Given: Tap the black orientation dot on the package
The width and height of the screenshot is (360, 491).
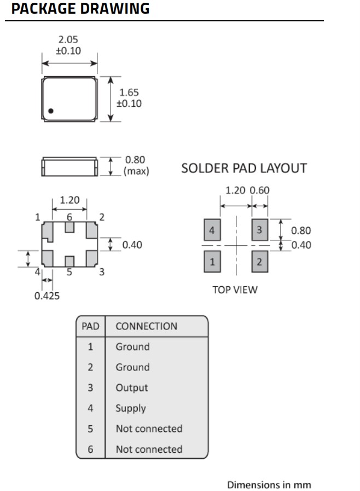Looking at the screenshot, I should pos(51,111).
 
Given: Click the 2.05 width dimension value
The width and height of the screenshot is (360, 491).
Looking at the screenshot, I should pos(68,39).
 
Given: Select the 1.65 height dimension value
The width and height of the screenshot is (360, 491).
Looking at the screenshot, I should pos(129,93).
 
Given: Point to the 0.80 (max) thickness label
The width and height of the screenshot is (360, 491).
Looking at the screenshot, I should pos(136,165).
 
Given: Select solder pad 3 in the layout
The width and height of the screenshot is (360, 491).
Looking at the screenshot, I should pos(259,230).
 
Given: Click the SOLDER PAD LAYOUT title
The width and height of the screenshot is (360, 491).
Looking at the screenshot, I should pos(244,169).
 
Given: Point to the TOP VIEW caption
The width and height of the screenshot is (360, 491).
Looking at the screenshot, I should pos(235,290).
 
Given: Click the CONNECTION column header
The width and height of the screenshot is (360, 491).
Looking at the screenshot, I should pos(146,326).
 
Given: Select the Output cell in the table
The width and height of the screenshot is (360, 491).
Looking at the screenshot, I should pos(131,388).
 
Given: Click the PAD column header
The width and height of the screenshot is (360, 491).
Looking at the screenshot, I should pos(90,326).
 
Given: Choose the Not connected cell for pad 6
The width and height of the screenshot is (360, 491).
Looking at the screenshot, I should pos(149,449).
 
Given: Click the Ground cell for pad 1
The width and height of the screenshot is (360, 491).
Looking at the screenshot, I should pos(132,346).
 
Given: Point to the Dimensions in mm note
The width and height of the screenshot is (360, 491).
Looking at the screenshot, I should pos(269,484).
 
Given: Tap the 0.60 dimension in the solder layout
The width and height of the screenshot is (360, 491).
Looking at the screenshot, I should pos(260,190).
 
